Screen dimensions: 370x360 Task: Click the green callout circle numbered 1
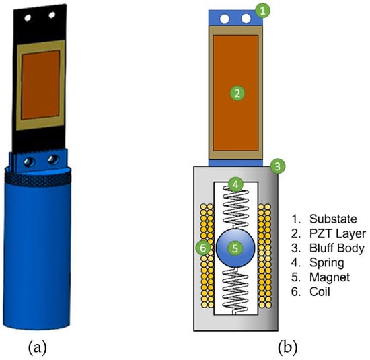tap(262, 11)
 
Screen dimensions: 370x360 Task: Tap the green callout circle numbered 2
tap(237, 94)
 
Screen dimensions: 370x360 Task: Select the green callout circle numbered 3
tap(277, 166)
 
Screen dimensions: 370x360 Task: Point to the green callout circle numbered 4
tap(235, 185)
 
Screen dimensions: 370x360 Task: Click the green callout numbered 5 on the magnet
tap(235, 248)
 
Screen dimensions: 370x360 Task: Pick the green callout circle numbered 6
tap(203, 248)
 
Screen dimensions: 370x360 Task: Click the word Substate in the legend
tap(333, 219)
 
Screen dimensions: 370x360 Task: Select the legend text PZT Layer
tap(338, 233)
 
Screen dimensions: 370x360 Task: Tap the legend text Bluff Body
tap(337, 248)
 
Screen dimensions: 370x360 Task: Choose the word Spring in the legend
tap(326, 262)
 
